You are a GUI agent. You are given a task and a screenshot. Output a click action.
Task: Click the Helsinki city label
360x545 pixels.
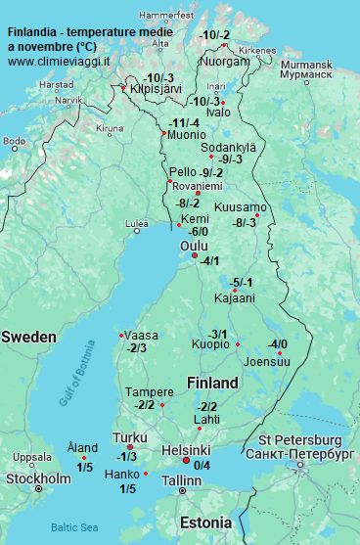(187, 449)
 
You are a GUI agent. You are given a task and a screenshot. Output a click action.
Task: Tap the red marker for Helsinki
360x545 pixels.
(187, 461)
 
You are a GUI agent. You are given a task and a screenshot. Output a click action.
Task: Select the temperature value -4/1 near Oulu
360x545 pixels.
(209, 261)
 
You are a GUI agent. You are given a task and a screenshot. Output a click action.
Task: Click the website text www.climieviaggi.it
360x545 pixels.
(59, 61)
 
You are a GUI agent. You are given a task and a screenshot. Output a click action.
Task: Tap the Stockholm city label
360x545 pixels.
(38, 478)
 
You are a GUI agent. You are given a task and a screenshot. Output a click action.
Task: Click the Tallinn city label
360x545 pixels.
(181, 481)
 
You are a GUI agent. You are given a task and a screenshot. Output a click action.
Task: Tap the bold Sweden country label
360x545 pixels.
(28, 337)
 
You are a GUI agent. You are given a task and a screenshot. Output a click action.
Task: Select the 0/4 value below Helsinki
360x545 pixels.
(202, 465)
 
